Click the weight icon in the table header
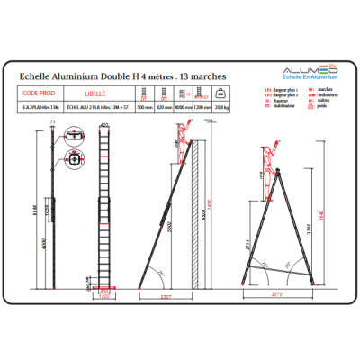click(222, 93)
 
